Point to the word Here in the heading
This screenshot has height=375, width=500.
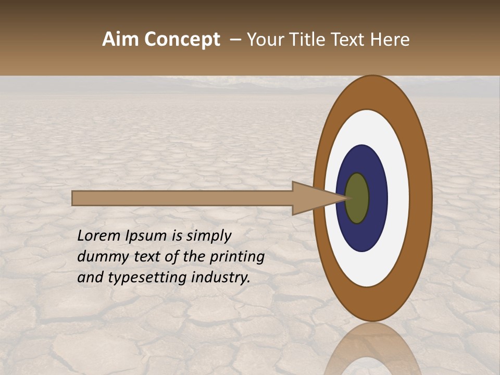tap(390, 40)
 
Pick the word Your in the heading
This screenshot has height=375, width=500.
tap(265, 40)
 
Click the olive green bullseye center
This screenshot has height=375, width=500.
tap(358, 198)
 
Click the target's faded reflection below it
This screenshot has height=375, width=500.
tap(373, 352)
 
